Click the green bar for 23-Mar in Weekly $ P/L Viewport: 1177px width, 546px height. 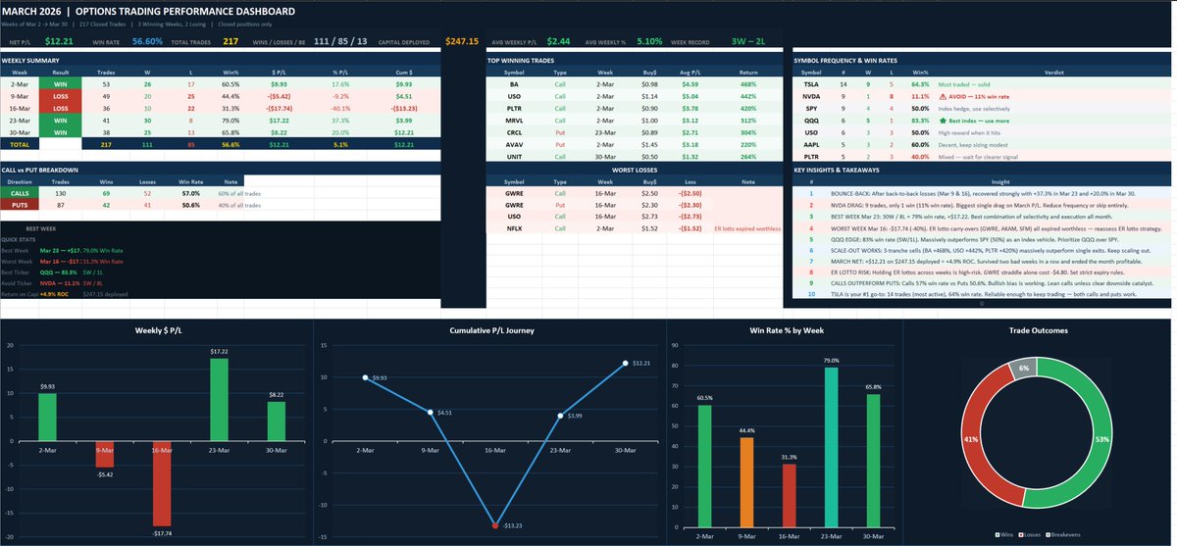[x=219, y=398]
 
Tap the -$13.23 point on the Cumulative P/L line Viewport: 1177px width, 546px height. [x=494, y=525]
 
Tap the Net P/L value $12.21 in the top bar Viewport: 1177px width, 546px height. [x=59, y=41]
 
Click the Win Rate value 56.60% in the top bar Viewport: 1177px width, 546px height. [x=147, y=41]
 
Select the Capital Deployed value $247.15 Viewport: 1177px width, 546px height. [x=462, y=41]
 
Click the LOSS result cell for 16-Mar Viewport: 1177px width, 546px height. [x=61, y=109]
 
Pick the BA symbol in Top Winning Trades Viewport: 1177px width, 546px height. [x=513, y=84]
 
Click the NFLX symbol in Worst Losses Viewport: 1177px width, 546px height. [x=513, y=228]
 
